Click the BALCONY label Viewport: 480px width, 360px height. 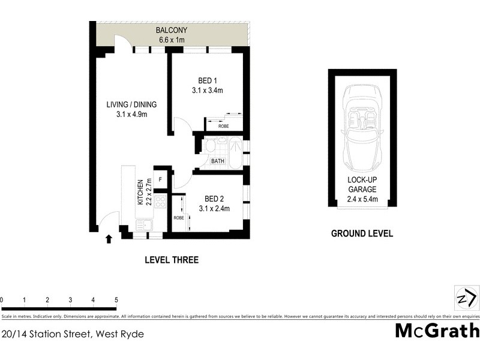pos(171,31)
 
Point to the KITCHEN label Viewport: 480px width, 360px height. pos(142,192)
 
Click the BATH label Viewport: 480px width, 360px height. pos(217,161)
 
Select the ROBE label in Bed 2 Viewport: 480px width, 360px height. pos(179,218)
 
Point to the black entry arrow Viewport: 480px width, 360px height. pos(109,239)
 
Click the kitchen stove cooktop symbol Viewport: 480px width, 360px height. pos(160,202)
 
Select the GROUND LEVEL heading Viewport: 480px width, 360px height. pos(362,233)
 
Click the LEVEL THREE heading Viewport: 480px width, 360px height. pos(172,260)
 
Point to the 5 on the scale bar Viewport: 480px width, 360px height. pos(116,299)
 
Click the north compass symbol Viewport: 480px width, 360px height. pos(466,297)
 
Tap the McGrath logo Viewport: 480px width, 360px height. pos(437,331)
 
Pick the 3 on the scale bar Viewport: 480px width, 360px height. pos(70,299)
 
